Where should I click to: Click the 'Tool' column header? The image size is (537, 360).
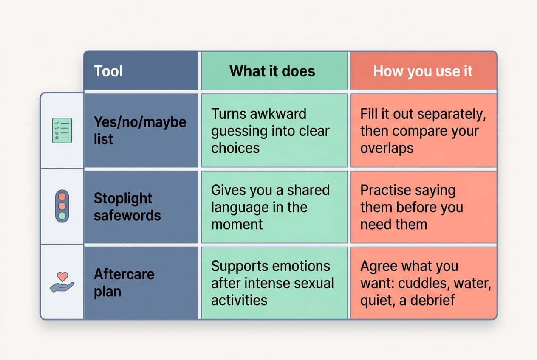108,71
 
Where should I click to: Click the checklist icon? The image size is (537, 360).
62,130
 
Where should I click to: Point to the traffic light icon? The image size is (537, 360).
62,206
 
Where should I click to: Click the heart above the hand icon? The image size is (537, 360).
62,276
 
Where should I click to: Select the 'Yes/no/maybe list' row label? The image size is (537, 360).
140,130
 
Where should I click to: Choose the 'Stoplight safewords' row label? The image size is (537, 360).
127,207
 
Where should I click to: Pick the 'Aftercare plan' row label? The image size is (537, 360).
124,283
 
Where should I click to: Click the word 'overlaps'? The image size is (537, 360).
387,149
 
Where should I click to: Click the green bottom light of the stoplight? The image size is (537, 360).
62,216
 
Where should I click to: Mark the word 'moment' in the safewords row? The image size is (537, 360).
237,225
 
